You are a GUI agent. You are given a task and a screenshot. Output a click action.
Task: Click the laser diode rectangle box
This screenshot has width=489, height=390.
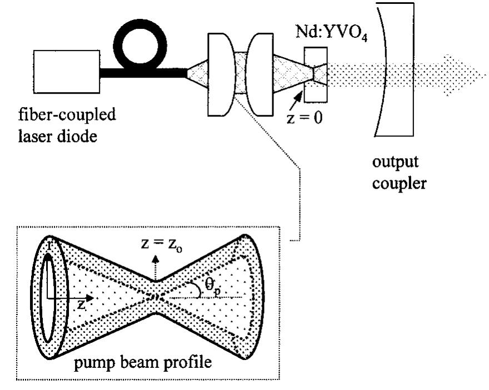(66, 73)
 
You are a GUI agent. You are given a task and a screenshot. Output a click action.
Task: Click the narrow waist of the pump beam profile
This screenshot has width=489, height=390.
(157, 297)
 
